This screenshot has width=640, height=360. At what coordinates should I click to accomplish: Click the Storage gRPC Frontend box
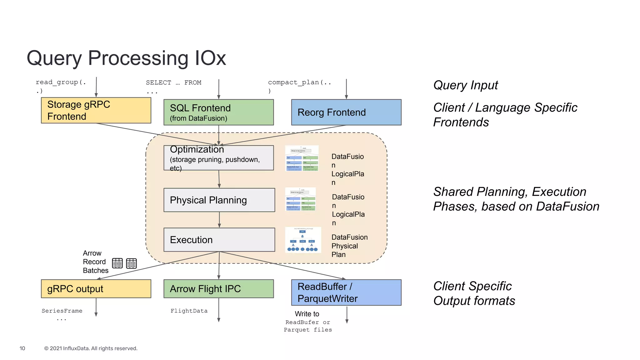[x=96, y=110]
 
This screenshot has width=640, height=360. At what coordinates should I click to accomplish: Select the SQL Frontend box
[x=218, y=112]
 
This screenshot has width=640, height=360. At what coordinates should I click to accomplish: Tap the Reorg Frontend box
[x=346, y=112]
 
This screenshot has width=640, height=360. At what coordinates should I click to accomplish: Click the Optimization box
[x=218, y=158]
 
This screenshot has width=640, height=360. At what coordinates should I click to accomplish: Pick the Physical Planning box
[x=219, y=200]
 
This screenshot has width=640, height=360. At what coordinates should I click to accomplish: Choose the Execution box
[x=219, y=240]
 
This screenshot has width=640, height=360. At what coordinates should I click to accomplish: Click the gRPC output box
[x=96, y=289]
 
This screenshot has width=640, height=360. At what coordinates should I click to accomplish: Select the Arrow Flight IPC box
[x=218, y=289]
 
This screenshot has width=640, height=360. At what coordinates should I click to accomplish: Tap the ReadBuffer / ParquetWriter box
[x=346, y=292]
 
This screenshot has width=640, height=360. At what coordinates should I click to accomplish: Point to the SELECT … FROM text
[x=173, y=83]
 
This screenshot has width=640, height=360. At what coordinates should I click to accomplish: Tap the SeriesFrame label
[x=62, y=311]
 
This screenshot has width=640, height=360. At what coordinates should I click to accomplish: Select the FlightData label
[x=189, y=311]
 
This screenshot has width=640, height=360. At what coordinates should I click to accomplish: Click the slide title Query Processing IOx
[x=126, y=58]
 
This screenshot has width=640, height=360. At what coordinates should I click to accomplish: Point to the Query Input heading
[x=465, y=85]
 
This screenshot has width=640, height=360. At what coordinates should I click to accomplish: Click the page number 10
[x=22, y=348]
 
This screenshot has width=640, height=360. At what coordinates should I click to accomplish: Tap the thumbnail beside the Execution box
[x=303, y=240]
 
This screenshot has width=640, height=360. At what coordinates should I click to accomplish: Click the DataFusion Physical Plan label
[x=349, y=246]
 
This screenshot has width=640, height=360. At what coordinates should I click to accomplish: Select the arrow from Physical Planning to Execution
[x=219, y=220]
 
